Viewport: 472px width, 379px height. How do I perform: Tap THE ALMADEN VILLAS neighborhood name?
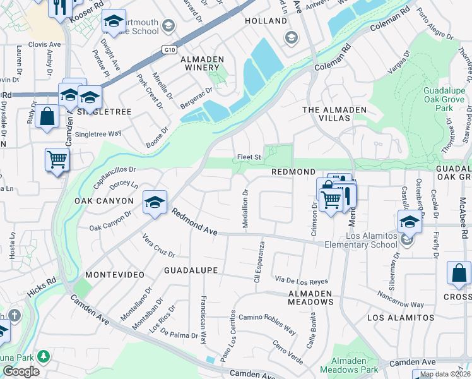334,110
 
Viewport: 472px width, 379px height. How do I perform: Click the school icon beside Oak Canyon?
155,202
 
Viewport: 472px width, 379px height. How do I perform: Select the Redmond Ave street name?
195,224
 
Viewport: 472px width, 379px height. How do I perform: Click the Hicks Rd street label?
42,290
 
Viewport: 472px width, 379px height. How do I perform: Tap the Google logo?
21,371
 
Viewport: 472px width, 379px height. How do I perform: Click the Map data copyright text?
444,374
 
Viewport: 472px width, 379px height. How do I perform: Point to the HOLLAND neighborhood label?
266,21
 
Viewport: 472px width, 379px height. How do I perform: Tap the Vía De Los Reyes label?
301,280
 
